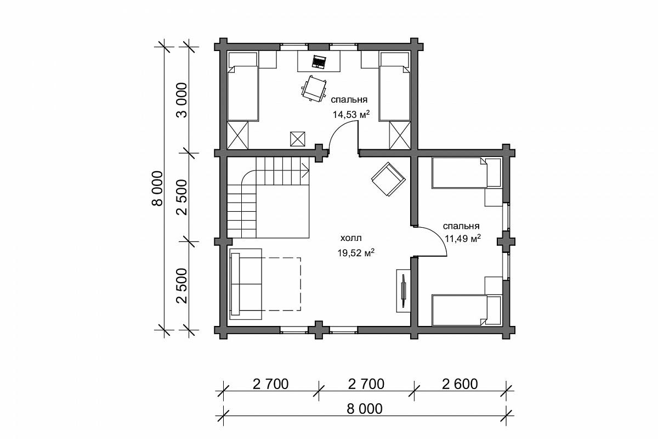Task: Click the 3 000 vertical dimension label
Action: coord(183,100)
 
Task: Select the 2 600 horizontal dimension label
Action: coord(460,384)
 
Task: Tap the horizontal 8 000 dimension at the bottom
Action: coord(365,409)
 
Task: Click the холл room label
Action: coord(351,238)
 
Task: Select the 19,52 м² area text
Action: coord(356,252)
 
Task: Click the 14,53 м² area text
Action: coord(351,114)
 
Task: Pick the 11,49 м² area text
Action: coord(463,238)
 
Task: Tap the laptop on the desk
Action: coord(319,62)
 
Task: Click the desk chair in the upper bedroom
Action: coord(314,88)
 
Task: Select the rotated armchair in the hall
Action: coord(388,179)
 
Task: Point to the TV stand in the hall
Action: coord(404,290)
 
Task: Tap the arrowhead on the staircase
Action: coord(305,170)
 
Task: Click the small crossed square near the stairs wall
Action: coord(298,139)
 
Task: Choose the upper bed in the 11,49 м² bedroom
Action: coord(466,173)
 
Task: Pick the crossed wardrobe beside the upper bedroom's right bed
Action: coord(400,136)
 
